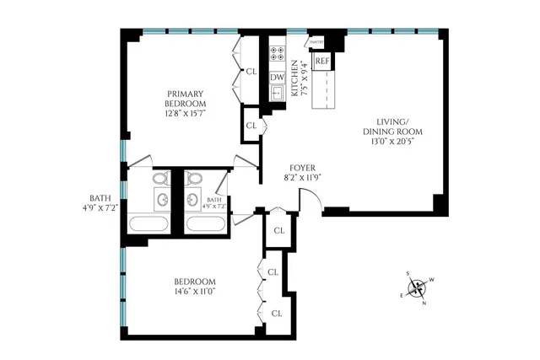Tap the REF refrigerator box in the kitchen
[321, 62]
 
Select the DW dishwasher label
[277, 78]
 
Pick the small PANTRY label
[316, 41]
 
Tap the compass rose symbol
[417, 289]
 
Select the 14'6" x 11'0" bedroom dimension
[194, 292]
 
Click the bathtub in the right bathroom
[204, 224]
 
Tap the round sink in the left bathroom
[162, 200]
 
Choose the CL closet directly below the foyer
[278, 228]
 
